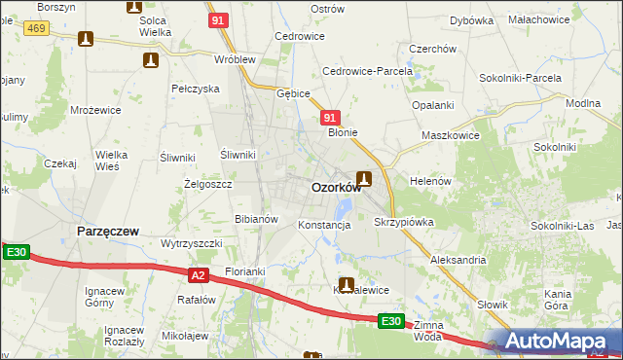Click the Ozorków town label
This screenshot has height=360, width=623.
[335, 188]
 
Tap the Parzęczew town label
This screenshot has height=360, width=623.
[107, 231]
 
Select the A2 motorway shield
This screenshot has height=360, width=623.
[198, 275]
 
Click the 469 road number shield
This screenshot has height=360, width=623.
[37, 29]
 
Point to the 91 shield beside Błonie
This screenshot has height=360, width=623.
[329, 117]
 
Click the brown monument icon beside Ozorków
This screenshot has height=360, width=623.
[364, 178]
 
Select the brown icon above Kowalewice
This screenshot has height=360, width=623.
[345, 285]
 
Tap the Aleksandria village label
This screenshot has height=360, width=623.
[458, 261]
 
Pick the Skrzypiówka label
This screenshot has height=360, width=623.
[403, 222]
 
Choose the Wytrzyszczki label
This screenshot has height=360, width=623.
[192, 242]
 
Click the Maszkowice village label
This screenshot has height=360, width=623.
[450, 135]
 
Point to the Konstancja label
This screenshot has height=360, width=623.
[323, 225]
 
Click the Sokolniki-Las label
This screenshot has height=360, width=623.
[562, 226]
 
